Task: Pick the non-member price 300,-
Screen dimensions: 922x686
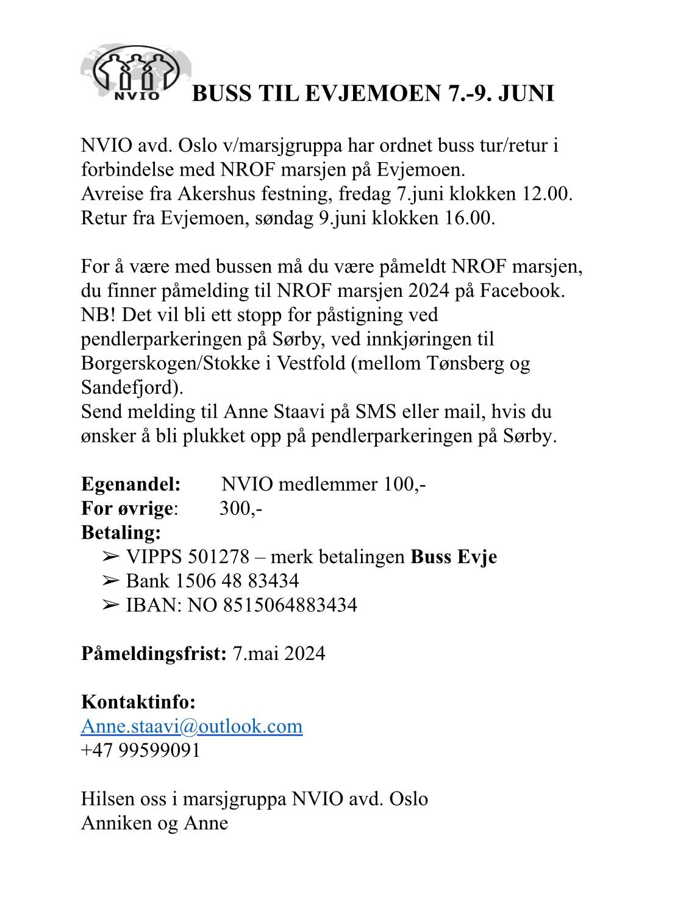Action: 241,508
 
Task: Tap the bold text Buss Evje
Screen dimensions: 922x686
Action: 454,556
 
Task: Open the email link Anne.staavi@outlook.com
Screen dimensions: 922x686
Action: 191,726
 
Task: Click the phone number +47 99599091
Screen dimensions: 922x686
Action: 140,750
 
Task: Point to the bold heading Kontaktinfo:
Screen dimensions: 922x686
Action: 138,701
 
